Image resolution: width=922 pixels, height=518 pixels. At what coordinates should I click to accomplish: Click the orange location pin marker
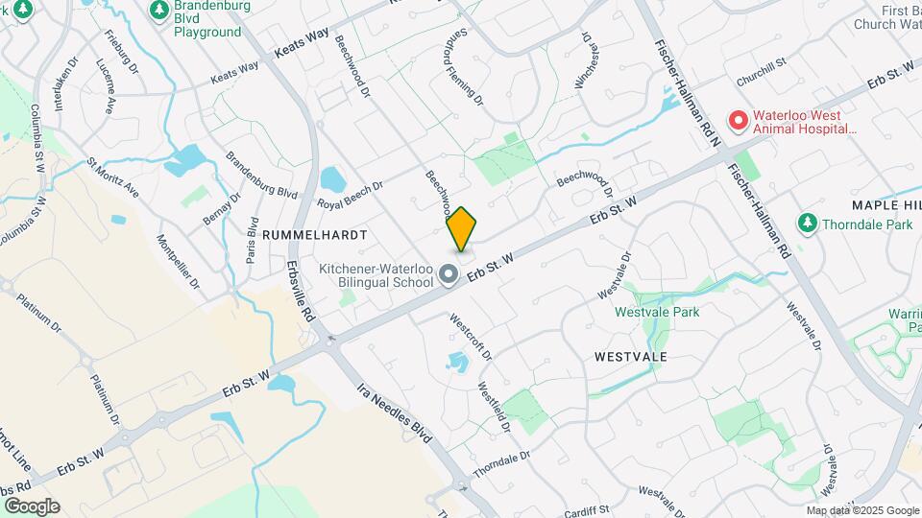[x=462, y=229]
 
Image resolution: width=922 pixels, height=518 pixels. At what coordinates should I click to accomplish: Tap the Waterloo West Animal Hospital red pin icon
[x=738, y=121]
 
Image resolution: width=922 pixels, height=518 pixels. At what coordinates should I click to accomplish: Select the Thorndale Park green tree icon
[x=808, y=224]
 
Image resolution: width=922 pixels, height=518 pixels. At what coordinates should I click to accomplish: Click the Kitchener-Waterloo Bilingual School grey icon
[x=448, y=275]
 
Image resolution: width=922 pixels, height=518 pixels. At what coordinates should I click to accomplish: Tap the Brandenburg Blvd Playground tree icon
[x=158, y=10]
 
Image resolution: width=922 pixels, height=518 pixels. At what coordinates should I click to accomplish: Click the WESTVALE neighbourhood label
[x=631, y=356]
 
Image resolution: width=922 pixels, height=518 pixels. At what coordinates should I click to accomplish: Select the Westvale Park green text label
[x=657, y=311]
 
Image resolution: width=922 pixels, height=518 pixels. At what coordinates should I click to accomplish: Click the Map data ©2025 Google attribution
[x=861, y=510]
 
